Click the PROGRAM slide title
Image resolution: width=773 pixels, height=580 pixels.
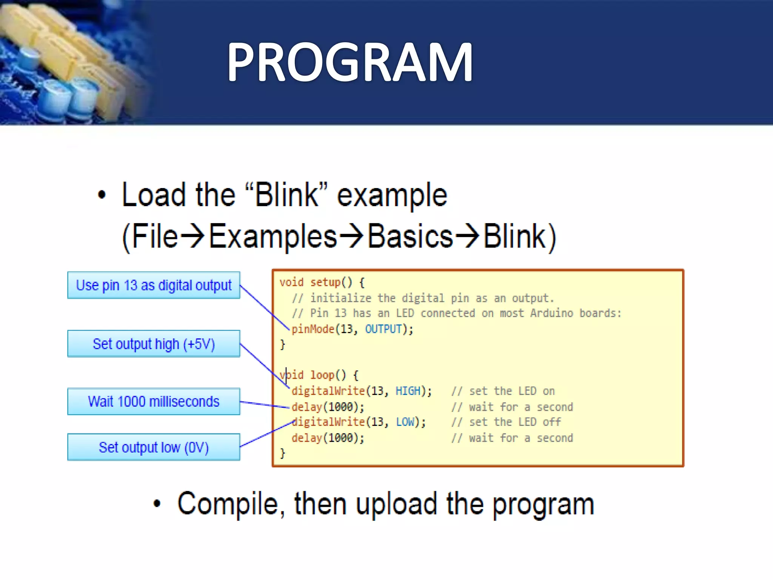click(x=350, y=62)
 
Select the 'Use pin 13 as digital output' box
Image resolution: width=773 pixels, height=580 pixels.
click(x=154, y=285)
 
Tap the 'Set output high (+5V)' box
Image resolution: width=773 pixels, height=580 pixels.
click(x=154, y=344)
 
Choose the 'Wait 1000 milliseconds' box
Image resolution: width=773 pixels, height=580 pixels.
click(x=154, y=401)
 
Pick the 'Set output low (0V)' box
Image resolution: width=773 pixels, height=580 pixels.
click(x=154, y=447)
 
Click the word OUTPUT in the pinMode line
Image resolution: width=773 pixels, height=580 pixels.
click(x=383, y=329)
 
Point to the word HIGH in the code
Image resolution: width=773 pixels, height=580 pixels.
click(x=408, y=391)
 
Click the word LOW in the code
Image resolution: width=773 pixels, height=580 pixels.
click(x=405, y=422)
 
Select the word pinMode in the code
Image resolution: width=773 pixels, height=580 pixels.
click(x=313, y=329)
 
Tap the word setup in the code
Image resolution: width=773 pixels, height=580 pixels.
click(x=325, y=282)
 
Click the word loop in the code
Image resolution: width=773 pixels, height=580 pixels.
click(x=322, y=375)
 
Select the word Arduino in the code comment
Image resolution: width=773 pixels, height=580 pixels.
click(x=551, y=313)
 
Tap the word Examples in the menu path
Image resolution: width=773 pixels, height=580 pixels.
click(x=273, y=236)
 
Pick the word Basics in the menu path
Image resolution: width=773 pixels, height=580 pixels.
click(x=410, y=236)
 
